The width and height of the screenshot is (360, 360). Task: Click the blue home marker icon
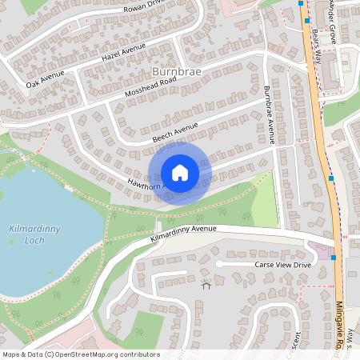(180, 172)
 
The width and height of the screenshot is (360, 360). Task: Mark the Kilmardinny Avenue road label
(183, 234)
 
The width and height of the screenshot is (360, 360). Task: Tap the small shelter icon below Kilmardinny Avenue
(206, 285)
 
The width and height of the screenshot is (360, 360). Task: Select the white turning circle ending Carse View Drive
(219, 264)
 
